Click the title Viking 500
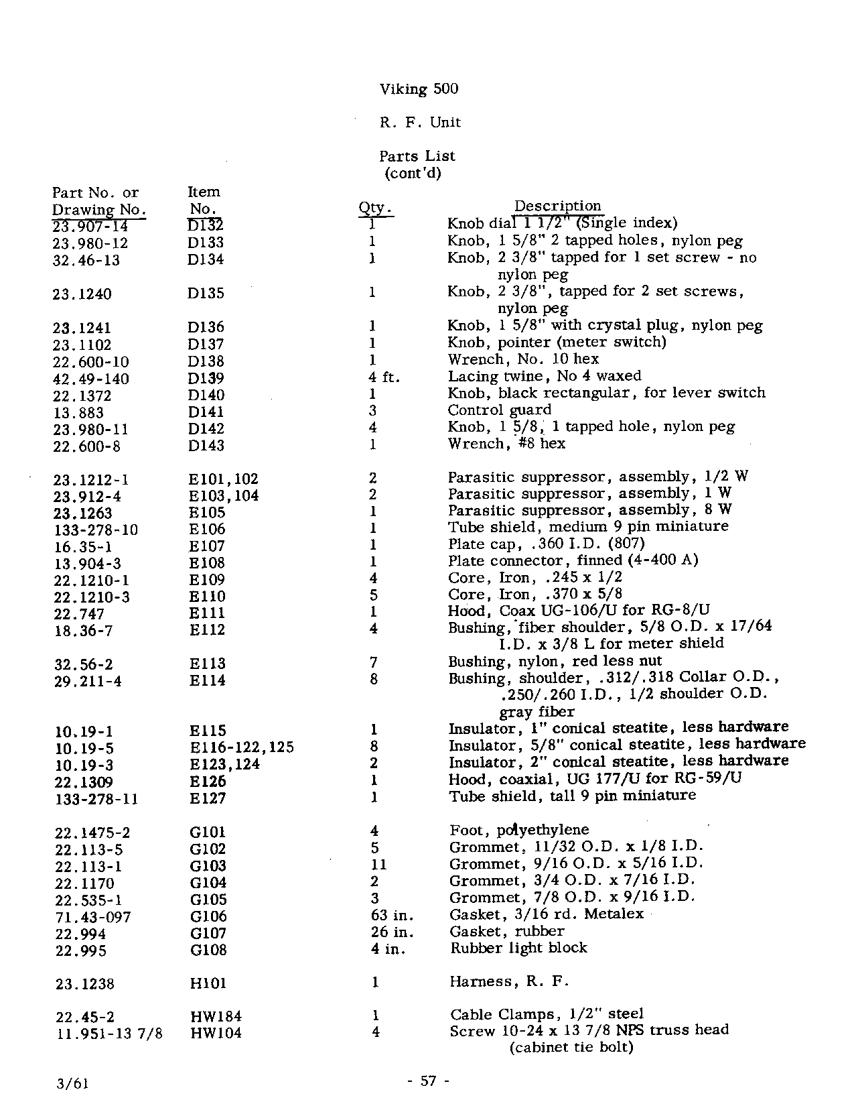pyautogui.click(x=419, y=89)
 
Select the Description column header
pyautogui.click(x=557, y=206)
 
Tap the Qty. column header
pyautogui.click(x=375, y=208)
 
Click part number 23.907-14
pyautogui.click(x=90, y=227)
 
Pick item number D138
pyautogui.click(x=206, y=361)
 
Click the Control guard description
pyautogui.click(x=499, y=410)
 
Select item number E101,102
pyautogui.click(x=223, y=479)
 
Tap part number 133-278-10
pyautogui.click(x=96, y=530)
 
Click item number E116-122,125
pyautogui.click(x=242, y=747)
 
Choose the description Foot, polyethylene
pyautogui.click(x=519, y=831)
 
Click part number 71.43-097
pyautogui.click(x=93, y=917)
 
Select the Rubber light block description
pyautogui.click(x=518, y=948)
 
